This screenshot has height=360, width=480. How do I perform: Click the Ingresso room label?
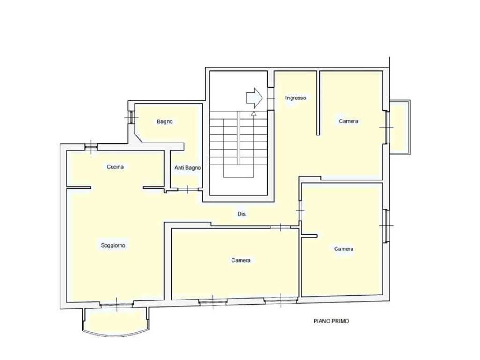(x=295, y=98)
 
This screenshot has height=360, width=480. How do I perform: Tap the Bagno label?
(x=165, y=121)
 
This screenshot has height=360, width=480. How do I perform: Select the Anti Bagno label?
(x=187, y=168)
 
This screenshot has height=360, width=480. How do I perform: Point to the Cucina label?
(x=115, y=167)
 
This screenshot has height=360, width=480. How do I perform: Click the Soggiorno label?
(x=113, y=245)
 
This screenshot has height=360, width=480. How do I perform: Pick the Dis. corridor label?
(x=242, y=214)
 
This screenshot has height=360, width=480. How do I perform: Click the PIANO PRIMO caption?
(x=331, y=321)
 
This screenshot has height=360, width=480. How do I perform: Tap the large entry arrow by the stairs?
(x=255, y=98)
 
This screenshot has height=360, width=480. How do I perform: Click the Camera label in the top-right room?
(x=348, y=121)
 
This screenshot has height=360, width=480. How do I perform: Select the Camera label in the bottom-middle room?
(x=241, y=260)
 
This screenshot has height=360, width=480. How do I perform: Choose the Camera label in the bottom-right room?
(x=344, y=249)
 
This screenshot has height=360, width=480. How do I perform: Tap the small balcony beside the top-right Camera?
(x=399, y=127)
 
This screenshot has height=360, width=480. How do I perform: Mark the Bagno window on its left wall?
(x=131, y=117)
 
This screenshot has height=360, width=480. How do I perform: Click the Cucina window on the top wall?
(x=91, y=148)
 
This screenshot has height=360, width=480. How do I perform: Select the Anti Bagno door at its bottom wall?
(x=187, y=189)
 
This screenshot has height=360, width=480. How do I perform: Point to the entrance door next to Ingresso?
(x=270, y=98)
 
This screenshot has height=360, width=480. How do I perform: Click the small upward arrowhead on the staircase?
(x=254, y=113)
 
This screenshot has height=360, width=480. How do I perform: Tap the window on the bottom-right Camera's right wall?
(x=386, y=226)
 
